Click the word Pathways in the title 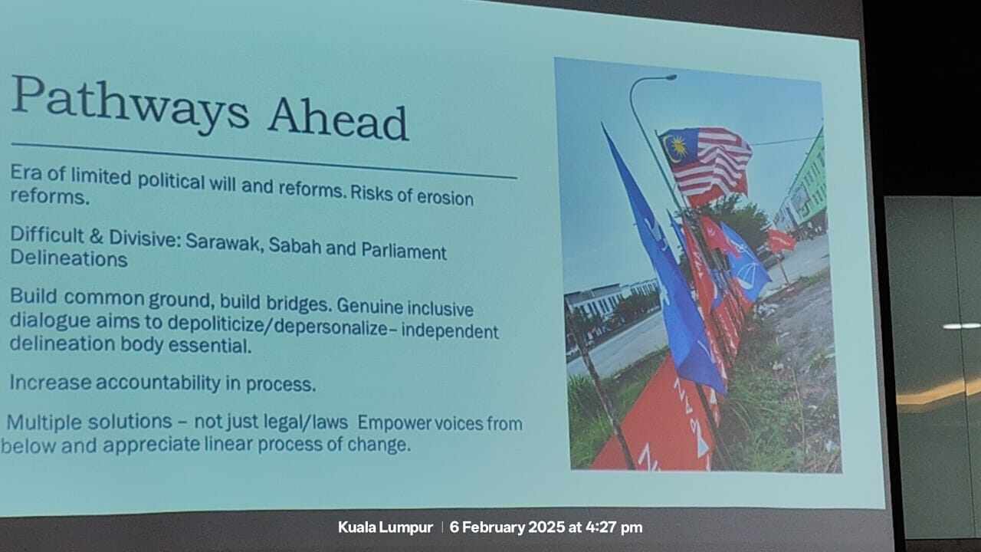pyautogui.click(x=130, y=103)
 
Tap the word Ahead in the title pyautogui.click(x=338, y=118)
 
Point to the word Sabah pyautogui.click(x=295, y=246)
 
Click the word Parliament pyautogui.click(x=403, y=251)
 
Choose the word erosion pyautogui.click(x=445, y=198)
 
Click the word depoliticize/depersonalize pyautogui.click(x=277, y=326)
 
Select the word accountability pyautogui.click(x=158, y=383)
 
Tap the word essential pyautogui.click(x=210, y=345)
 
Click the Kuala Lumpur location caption pyautogui.click(x=386, y=527)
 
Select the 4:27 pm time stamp pyautogui.click(x=614, y=527)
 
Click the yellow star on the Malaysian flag pyautogui.click(x=678, y=146)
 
